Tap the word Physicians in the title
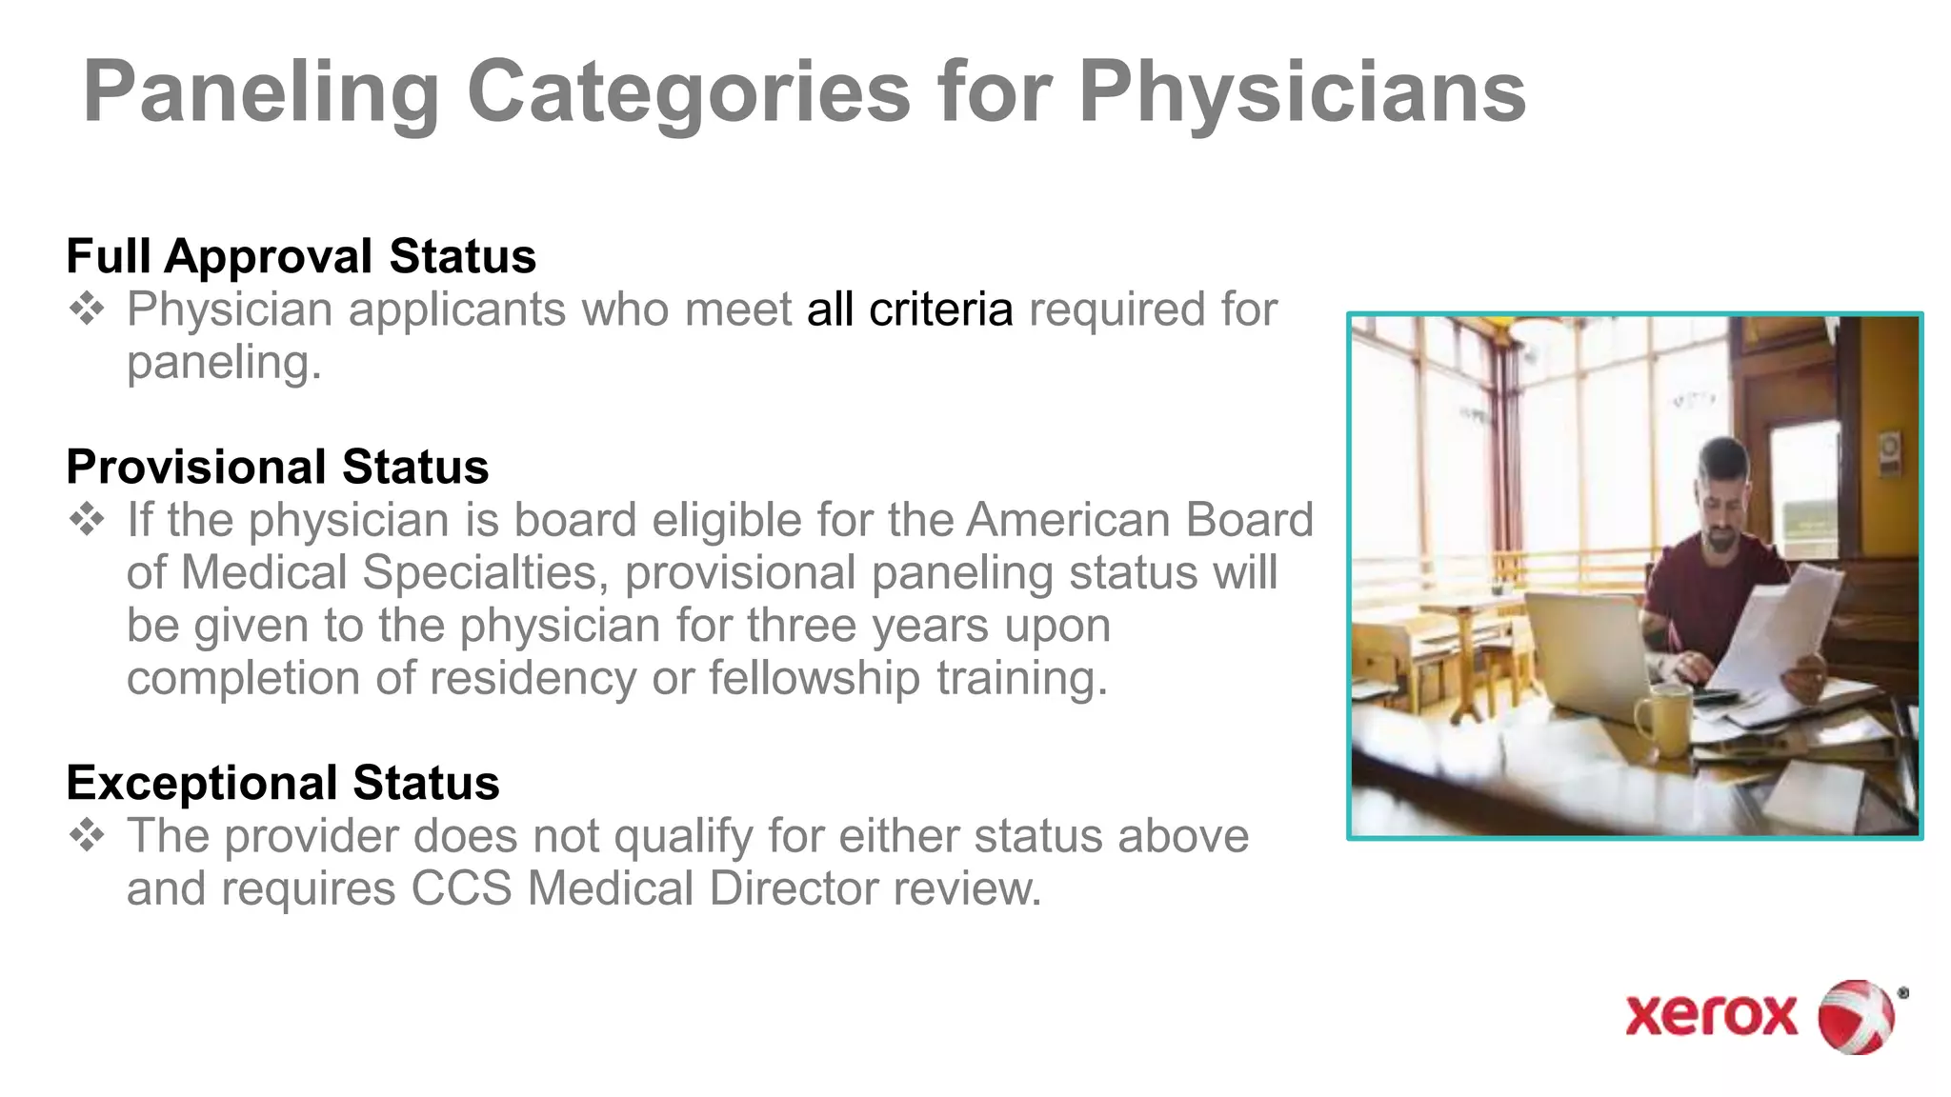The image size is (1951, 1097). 1302,93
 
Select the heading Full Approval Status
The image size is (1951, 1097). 301,256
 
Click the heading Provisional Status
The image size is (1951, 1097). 277,467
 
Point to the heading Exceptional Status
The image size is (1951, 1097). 283,783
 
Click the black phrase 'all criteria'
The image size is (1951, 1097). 909,309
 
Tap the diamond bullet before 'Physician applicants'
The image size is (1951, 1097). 87,309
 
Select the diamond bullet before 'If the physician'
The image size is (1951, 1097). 87,520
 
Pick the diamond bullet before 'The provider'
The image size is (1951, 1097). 87,836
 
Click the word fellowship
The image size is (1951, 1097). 815,678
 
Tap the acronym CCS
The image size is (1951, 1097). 461,888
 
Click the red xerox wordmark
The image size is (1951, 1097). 1711,1015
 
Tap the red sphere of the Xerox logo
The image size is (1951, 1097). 1856,1016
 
